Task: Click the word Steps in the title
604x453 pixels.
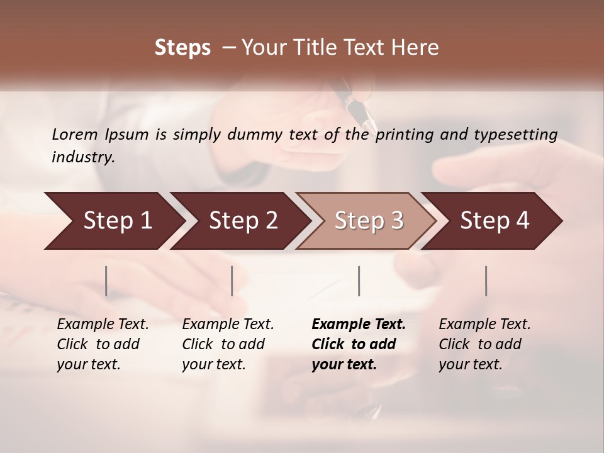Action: click(182, 48)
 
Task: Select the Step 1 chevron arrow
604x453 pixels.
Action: click(113, 221)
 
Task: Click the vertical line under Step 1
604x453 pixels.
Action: click(106, 281)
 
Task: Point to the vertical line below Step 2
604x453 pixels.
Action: click(232, 281)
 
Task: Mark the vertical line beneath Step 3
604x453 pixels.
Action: click(359, 281)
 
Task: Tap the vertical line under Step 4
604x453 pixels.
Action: click(486, 281)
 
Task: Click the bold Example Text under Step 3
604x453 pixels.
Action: click(359, 325)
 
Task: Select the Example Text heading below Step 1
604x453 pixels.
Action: click(103, 325)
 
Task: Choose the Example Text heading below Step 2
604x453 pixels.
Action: click(228, 325)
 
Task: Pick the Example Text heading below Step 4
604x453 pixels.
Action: click(484, 325)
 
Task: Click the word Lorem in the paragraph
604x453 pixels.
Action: click(74, 134)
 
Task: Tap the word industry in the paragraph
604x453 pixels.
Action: click(82, 157)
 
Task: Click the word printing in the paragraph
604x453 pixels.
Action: click(404, 135)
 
